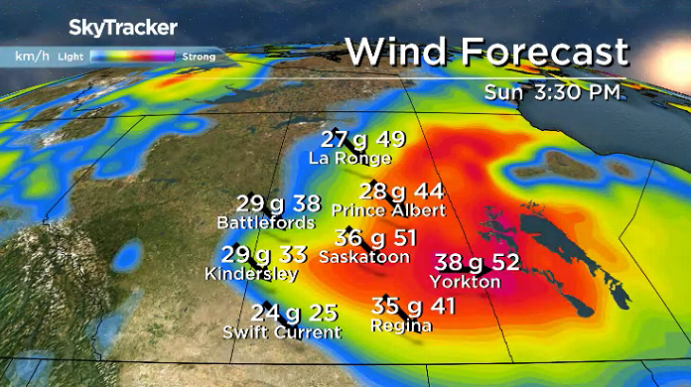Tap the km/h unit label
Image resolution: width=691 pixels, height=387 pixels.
pos(29,57)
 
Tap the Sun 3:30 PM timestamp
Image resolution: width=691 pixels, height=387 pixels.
pos(553,93)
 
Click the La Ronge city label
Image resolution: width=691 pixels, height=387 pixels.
pos(349,158)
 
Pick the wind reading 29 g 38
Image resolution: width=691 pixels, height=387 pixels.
pos(271,203)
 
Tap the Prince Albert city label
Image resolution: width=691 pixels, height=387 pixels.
pos(388,210)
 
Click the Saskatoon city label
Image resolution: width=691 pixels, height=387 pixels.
pos(364,257)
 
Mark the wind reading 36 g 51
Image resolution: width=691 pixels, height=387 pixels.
pos(375,238)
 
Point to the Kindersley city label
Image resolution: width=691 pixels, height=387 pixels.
pos(251,273)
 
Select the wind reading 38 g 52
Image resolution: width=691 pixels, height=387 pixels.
pos(478,262)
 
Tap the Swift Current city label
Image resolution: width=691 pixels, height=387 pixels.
pos(282,331)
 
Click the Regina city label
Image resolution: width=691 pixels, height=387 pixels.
pos(400,325)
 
